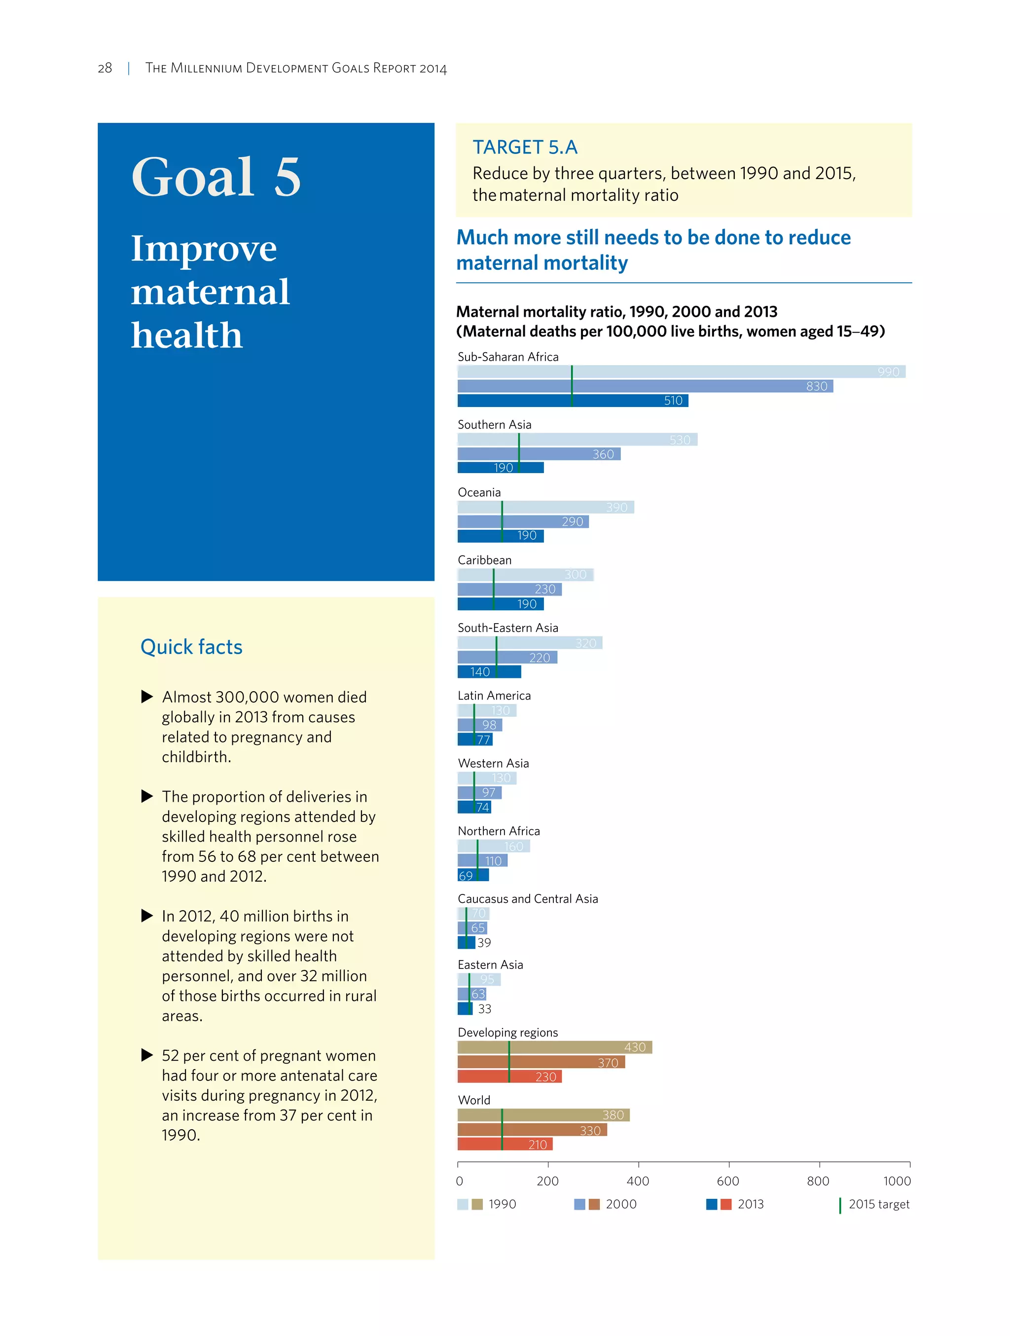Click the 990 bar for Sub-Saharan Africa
point(681,371)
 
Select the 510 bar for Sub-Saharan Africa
point(572,401)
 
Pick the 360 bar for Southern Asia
point(539,453)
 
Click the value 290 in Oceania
point(572,521)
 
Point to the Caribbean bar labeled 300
point(525,574)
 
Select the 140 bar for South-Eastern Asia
point(489,671)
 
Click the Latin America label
point(494,695)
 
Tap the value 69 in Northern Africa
point(466,875)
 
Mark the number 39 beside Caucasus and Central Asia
point(484,942)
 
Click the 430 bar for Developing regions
point(554,1047)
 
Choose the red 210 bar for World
point(505,1144)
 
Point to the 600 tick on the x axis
point(727,1181)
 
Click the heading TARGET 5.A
point(525,147)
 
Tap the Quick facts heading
point(191,647)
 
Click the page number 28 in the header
point(105,68)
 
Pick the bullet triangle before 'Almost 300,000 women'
point(146,697)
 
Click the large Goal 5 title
point(216,177)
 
